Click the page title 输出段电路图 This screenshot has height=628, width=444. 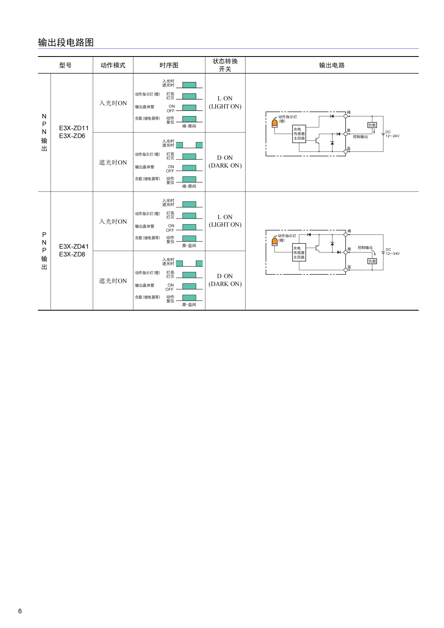[66, 42]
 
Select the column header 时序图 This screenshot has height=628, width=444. [169, 65]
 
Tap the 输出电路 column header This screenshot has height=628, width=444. [331, 65]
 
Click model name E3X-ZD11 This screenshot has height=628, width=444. [74, 128]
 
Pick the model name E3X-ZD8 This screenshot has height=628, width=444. [72, 254]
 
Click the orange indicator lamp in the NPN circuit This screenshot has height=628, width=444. [275, 124]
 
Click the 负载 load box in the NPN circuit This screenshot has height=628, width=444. [372, 125]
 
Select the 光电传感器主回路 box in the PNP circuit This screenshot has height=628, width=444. [299, 252]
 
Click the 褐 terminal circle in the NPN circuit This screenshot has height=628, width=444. [345, 116]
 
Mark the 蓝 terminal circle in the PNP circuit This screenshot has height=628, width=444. [345, 270]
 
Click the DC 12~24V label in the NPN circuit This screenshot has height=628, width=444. [392, 134]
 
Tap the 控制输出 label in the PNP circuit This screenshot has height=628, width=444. [365, 248]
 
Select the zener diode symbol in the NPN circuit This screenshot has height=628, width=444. [332, 143]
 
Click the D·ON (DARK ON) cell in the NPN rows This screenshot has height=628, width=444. [225, 162]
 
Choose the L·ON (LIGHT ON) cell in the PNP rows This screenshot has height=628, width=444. [225, 221]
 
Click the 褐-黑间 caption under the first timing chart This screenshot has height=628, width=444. [189, 126]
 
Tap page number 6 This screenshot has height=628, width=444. [20, 611]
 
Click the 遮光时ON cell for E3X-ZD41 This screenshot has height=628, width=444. [113, 281]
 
